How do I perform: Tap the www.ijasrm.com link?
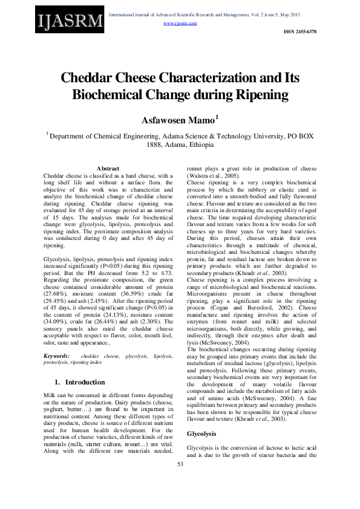pyautogui.click(x=180, y=23)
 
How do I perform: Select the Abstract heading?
pyautogui.click(x=108, y=168)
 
